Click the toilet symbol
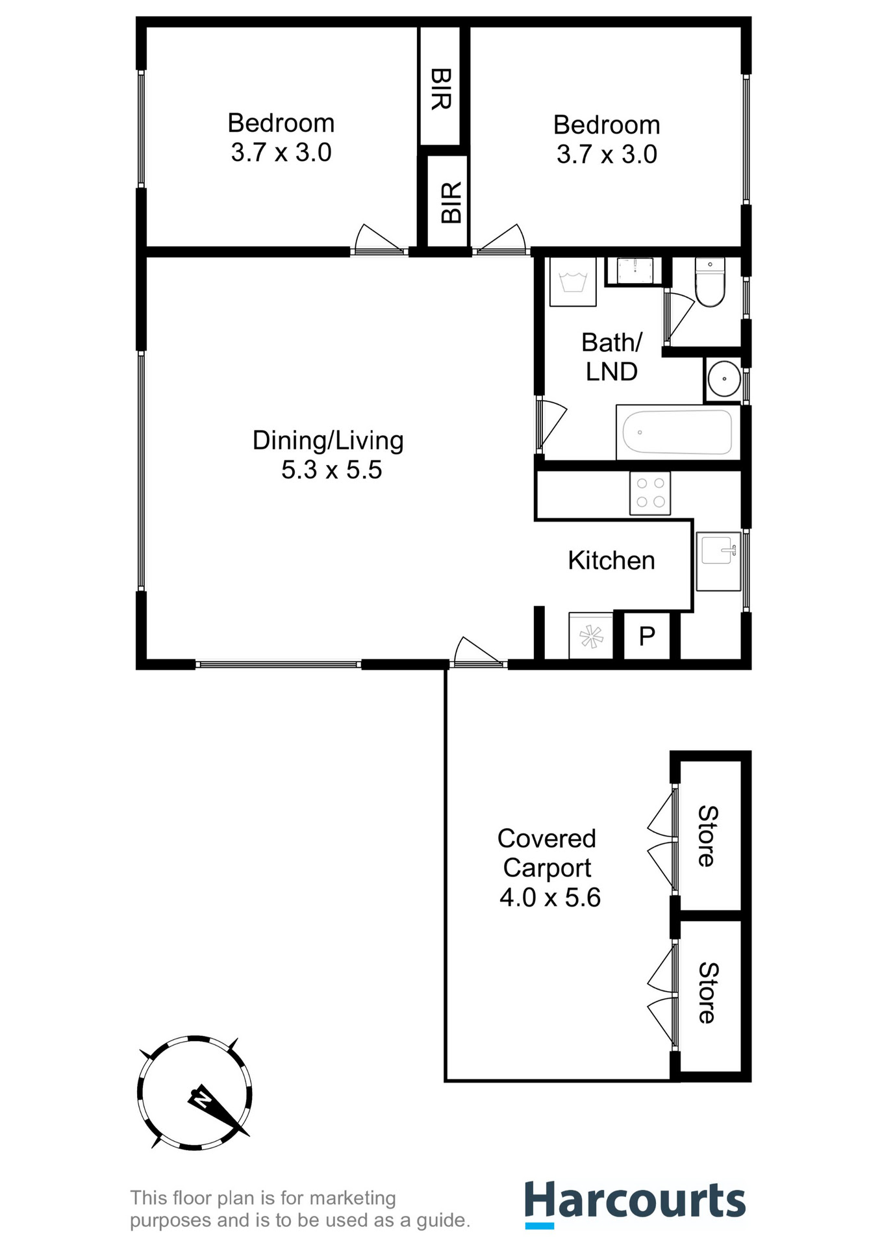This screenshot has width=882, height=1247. [709, 283]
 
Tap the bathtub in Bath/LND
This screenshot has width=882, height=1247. [677, 433]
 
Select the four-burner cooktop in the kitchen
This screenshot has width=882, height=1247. [650, 493]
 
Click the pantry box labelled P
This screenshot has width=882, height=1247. [647, 636]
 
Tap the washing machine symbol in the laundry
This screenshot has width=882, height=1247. [573, 282]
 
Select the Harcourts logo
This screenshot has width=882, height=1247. [635, 1203]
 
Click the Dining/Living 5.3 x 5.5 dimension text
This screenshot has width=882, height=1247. [331, 470]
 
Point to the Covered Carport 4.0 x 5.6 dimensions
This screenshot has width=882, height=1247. [549, 898]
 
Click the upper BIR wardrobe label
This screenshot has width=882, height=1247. [440, 89]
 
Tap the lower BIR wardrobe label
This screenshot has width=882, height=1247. [451, 203]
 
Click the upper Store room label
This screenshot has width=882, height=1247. [707, 836]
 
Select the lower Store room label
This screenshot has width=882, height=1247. [707, 993]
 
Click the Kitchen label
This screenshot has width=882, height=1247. [611, 561]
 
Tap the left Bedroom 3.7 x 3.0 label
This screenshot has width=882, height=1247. [281, 138]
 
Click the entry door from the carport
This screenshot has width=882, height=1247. [477, 656]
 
